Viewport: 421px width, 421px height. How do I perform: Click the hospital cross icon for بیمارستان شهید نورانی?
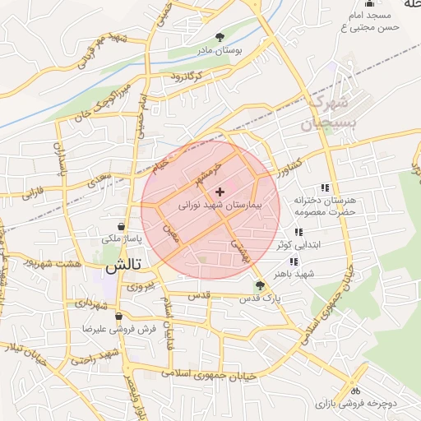(x=219, y=192)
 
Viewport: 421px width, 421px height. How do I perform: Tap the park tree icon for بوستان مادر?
(x=220, y=37)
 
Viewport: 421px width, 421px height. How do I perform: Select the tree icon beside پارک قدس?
(x=260, y=285)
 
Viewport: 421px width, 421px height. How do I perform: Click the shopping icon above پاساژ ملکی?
(x=122, y=226)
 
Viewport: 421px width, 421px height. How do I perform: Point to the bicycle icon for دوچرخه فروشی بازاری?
(x=355, y=391)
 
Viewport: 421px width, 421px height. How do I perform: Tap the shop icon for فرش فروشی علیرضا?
(x=119, y=316)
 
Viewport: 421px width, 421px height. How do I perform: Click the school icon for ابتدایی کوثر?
(x=297, y=232)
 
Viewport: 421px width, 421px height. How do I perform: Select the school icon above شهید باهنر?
(x=294, y=261)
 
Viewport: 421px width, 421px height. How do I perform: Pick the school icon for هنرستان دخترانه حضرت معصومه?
(x=326, y=188)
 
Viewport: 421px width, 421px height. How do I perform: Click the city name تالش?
(x=123, y=265)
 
